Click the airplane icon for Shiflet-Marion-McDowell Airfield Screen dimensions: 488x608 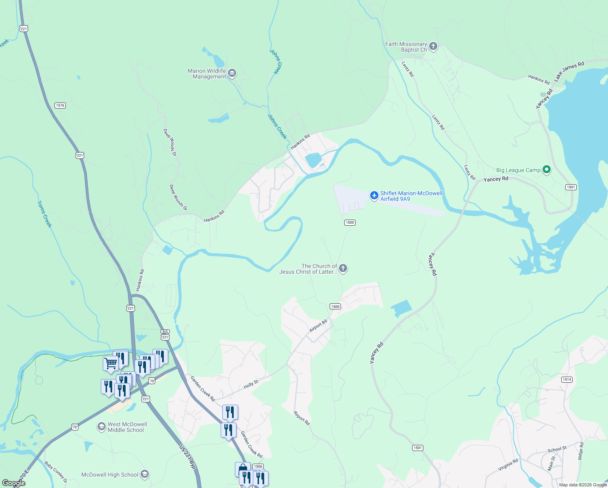[x=374, y=196]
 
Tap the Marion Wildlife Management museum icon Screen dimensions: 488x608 [x=232, y=74]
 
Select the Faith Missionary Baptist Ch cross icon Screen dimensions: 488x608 [x=433, y=46]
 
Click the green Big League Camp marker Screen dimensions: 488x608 [x=547, y=170]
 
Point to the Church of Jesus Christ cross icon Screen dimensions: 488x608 [x=343, y=268]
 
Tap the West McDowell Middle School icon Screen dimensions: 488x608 [x=101, y=427]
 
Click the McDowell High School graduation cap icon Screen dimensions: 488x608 [x=145, y=474]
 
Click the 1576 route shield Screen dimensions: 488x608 [x=60, y=105]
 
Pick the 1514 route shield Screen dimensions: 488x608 [x=567, y=379]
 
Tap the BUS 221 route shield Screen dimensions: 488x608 [x=165, y=335]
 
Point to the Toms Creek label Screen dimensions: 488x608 [x=45, y=214]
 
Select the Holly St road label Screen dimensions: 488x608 [x=251, y=384]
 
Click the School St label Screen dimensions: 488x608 [x=557, y=449]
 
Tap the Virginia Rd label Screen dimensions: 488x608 [x=508, y=465]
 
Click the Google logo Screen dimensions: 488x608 [x=14, y=483]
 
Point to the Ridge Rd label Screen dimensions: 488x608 [x=581, y=451]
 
